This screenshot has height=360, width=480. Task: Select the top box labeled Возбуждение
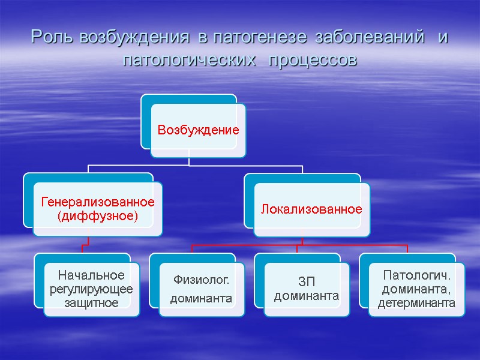tap(198, 130)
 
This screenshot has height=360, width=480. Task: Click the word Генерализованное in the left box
tap(97, 202)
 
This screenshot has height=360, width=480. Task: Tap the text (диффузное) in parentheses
tap(97, 215)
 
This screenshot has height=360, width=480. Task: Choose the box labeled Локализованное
tap(311, 209)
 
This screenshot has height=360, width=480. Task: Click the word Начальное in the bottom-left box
tap(91, 275)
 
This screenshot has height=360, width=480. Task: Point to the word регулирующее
tap(91, 289)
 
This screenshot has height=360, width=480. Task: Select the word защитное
tap(91, 303)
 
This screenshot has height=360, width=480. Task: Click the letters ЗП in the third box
tap(307, 281)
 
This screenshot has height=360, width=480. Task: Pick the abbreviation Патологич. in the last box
tap(416, 275)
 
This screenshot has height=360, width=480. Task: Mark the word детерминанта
tap(416, 304)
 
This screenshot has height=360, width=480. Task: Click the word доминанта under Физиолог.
tap(202, 298)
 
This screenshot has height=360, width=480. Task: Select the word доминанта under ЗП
tap(307, 296)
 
